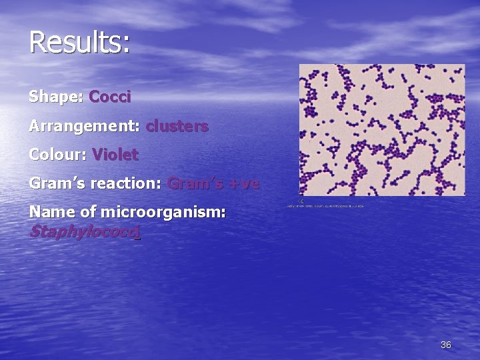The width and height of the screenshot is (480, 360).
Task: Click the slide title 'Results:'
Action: [x=79, y=42]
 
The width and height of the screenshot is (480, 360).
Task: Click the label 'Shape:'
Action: [x=55, y=97]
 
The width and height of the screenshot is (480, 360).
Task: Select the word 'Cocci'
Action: [x=110, y=97]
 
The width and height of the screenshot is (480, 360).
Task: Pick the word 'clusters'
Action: [x=177, y=125]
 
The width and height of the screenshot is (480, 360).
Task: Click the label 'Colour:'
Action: [x=58, y=155]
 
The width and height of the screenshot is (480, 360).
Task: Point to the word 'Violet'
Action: [x=115, y=155]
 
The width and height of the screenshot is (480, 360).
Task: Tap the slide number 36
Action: [x=446, y=345]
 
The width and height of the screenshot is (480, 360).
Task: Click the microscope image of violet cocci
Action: [x=382, y=130]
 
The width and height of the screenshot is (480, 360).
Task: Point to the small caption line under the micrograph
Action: [x=325, y=206]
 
